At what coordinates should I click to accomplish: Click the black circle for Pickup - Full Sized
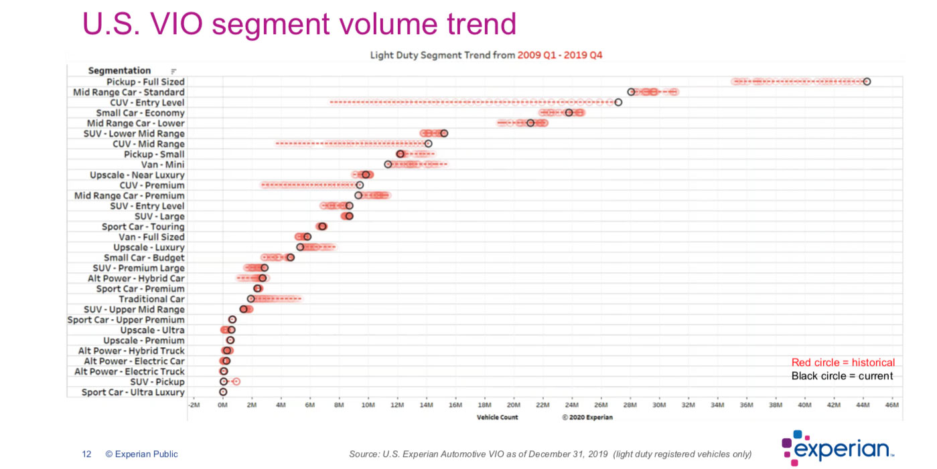[x=867, y=82]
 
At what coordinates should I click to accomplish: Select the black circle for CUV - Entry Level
[x=618, y=102]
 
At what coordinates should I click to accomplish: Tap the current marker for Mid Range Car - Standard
[x=631, y=92]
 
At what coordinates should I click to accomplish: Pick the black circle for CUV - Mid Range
[x=429, y=144]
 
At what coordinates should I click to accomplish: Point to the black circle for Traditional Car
[x=251, y=299]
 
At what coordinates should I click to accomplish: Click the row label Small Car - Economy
[x=140, y=113]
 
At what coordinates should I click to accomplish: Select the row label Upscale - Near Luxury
[x=137, y=175]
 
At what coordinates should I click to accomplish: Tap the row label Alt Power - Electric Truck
[x=129, y=371]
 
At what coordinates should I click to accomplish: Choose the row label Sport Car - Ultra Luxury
[x=133, y=392]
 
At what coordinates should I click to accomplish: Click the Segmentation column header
[x=119, y=70]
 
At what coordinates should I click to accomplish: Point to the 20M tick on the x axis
[x=514, y=405]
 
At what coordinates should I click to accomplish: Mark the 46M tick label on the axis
[x=892, y=405]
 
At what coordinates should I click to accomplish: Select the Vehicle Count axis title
[x=497, y=417]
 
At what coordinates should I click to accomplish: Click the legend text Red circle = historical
[x=843, y=363]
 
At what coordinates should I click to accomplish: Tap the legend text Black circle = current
[x=842, y=376]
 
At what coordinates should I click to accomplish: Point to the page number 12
[x=86, y=454]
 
